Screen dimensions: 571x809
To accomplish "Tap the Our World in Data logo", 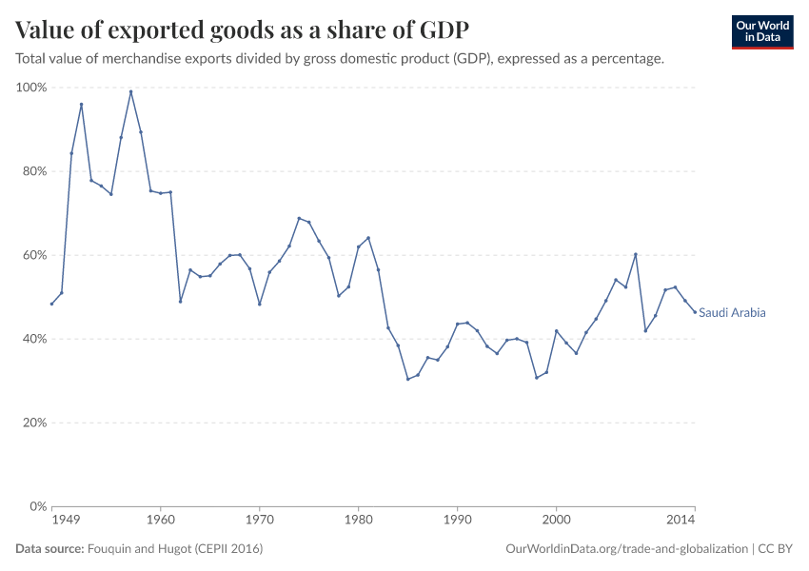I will pos(761,31).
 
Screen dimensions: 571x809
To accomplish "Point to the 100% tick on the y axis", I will pos(31,88).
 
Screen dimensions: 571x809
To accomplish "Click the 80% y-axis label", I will pos(34,171).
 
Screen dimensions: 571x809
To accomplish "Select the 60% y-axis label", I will pos(34,255).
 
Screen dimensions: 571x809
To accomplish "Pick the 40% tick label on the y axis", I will pos(34,339).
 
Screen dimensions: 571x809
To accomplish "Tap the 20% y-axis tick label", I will pos(34,423).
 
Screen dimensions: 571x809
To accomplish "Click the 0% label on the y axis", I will pos(37,506).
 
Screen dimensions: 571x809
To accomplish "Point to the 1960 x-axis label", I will pos(160,521).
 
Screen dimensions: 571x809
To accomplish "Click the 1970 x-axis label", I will pos(259,521).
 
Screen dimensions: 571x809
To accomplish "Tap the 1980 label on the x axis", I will pos(358,521).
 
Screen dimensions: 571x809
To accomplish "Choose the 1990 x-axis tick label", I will pos(457,521).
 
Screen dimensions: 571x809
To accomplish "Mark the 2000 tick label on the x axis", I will pos(556,521).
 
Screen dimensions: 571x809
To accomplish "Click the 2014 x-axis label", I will pos(681,521).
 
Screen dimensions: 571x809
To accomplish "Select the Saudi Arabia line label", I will pos(732,312).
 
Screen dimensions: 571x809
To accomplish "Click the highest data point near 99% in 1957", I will pos(130,91).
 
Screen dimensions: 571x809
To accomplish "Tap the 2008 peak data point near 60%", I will pos(635,254).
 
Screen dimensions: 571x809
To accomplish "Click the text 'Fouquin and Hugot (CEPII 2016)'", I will pos(175,549).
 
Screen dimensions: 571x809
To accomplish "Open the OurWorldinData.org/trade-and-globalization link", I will pos(627,549).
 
